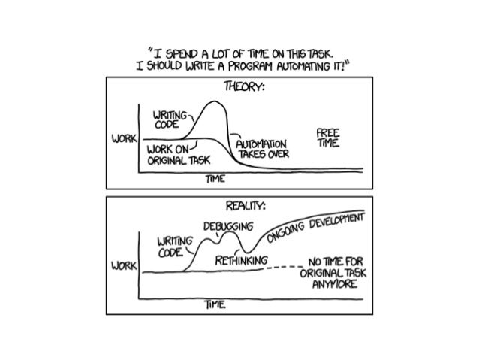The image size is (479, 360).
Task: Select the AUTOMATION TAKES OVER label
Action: pos(261,147)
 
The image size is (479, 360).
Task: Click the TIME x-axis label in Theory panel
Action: pos(215,180)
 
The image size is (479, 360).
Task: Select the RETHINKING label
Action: pos(242,260)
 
